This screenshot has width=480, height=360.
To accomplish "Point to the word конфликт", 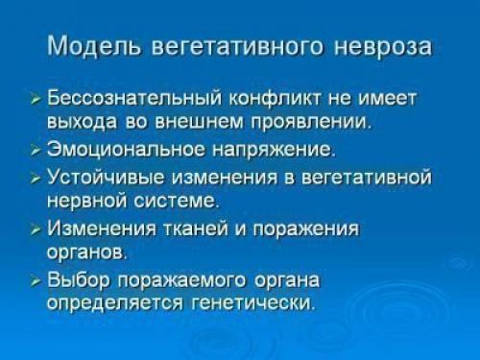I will click(x=276, y=99).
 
